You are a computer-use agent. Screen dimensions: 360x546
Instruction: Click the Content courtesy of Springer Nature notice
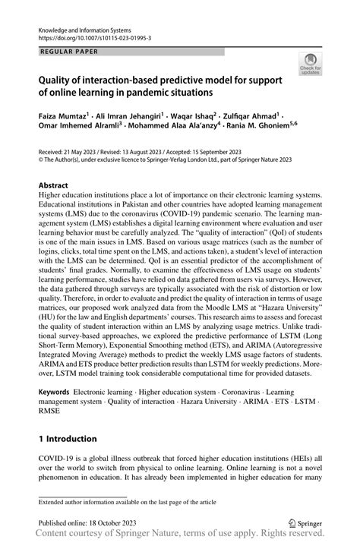coord(180,537)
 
